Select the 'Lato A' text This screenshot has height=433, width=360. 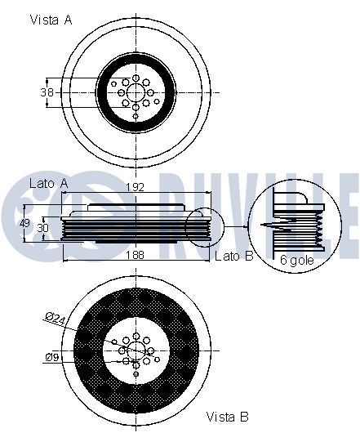[x=47, y=184]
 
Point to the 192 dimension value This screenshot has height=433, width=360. [x=135, y=187]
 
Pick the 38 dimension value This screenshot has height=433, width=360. [x=47, y=93]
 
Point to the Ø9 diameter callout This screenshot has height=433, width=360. [x=51, y=356]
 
